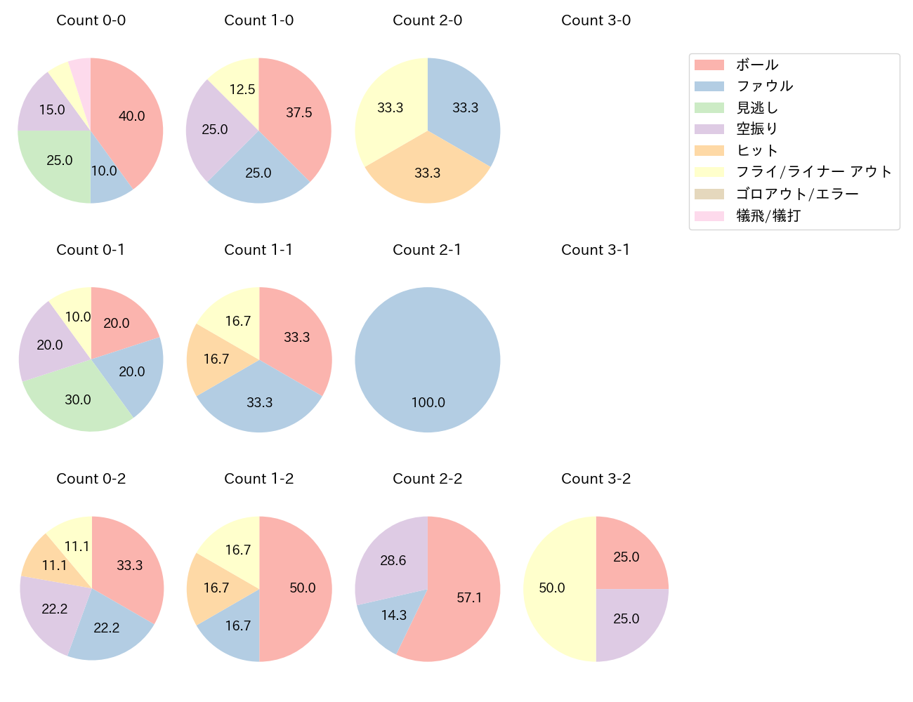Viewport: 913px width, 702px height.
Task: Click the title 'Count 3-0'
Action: tap(596, 20)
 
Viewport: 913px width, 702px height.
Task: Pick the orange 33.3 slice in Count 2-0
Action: tap(427, 172)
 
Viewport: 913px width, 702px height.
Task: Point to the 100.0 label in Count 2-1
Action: tap(428, 402)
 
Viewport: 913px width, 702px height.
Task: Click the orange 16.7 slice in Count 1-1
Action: tap(214, 359)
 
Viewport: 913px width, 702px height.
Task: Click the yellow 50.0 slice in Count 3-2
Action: tap(555, 588)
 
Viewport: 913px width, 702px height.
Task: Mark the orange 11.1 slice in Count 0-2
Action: tap(49, 562)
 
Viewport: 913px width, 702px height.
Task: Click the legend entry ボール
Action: tap(757, 65)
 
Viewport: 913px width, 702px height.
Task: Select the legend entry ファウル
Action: tap(764, 86)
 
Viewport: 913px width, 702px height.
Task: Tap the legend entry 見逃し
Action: tap(757, 108)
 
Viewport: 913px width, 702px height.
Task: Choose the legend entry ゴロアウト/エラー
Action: tap(797, 194)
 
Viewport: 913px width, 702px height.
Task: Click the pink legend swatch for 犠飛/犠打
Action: tap(709, 216)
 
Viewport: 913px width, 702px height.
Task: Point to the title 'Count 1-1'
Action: tap(258, 250)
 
